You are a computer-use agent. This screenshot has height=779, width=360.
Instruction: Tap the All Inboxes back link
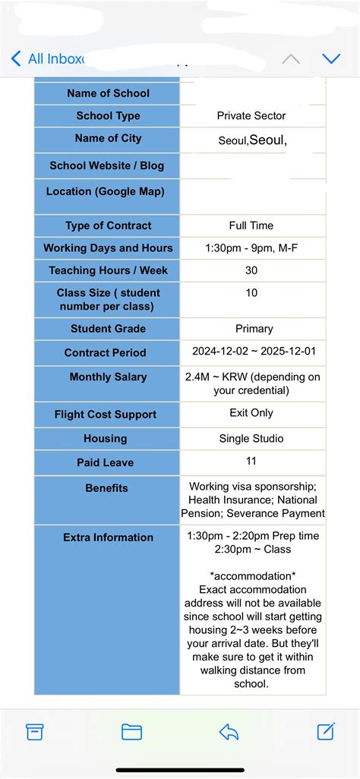click(x=47, y=58)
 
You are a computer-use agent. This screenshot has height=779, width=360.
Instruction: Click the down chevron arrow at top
click(x=331, y=58)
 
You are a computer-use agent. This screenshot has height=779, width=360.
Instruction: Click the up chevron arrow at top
click(x=290, y=58)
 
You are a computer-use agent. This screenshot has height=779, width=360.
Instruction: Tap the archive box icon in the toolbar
click(x=35, y=731)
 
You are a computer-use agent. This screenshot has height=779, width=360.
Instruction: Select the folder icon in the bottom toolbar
click(x=131, y=731)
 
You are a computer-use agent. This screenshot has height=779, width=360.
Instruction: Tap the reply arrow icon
click(x=229, y=731)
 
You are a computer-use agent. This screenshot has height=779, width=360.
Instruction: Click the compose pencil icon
click(x=326, y=731)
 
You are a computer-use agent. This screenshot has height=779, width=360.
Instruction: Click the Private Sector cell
click(x=251, y=116)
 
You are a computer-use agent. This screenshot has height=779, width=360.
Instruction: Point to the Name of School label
click(x=108, y=93)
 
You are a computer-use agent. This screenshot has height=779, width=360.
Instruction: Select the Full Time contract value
click(x=251, y=225)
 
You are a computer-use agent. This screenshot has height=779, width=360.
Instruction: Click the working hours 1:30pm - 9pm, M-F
click(x=251, y=248)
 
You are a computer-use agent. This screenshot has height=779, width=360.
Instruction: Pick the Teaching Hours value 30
click(x=251, y=270)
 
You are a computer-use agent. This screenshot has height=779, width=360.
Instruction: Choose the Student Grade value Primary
click(x=254, y=329)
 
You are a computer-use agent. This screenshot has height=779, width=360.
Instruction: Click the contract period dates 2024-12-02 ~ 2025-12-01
click(x=253, y=352)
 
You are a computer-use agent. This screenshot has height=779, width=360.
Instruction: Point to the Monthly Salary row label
click(x=108, y=377)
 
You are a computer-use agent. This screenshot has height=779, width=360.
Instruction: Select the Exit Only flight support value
click(x=251, y=413)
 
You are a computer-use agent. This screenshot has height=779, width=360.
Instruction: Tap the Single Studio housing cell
click(x=251, y=439)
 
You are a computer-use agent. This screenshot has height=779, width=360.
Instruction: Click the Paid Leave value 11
click(x=251, y=461)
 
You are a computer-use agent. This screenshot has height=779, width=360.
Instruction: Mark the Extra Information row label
click(x=108, y=538)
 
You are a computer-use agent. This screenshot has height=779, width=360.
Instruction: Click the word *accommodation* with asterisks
click(x=253, y=576)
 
